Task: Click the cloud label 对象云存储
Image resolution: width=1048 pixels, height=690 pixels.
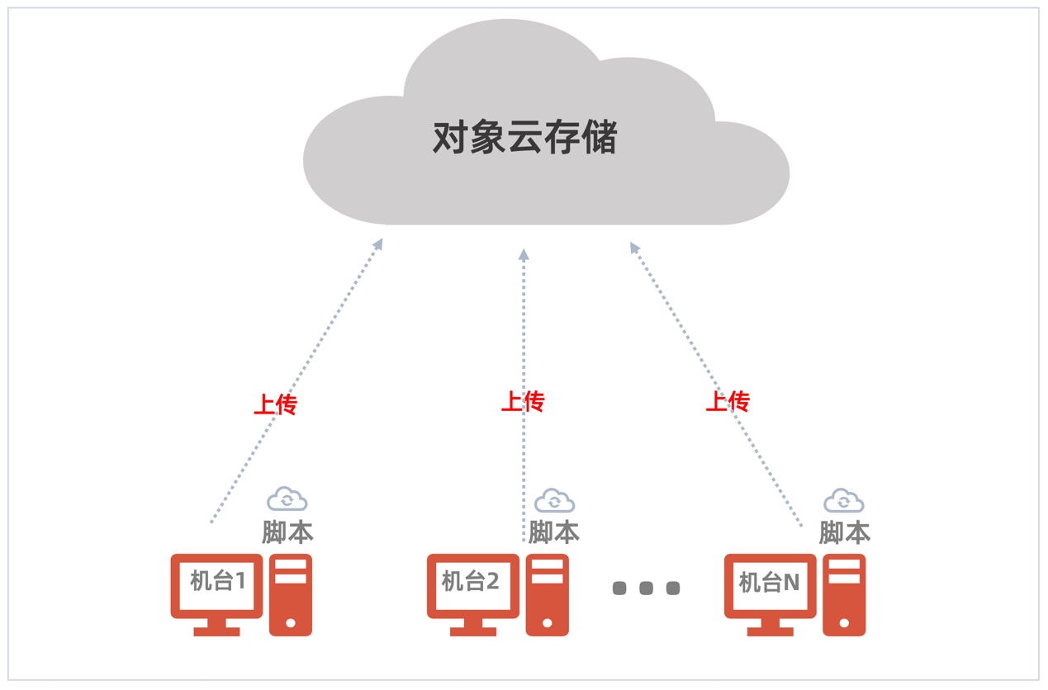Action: (524, 138)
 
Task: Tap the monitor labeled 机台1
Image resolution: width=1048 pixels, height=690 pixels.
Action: (217, 584)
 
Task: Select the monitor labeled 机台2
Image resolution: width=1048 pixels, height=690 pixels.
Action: (472, 584)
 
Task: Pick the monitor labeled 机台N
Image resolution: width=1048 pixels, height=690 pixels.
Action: (770, 584)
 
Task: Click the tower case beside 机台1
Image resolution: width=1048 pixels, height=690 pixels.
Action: (291, 595)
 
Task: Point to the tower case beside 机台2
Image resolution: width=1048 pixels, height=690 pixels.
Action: (547, 595)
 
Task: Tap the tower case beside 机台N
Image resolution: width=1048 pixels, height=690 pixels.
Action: (844, 595)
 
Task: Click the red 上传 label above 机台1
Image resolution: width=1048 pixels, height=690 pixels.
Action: (275, 404)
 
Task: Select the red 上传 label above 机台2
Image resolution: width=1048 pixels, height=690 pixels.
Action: (523, 402)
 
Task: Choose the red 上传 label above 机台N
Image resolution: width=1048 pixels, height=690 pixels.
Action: (728, 402)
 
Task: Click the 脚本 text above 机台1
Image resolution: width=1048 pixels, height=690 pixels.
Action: (287, 532)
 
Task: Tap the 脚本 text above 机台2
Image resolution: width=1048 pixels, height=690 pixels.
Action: (553, 532)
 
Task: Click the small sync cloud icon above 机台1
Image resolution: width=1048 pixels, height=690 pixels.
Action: (287, 499)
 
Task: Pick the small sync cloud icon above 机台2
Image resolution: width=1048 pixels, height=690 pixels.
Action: (554, 500)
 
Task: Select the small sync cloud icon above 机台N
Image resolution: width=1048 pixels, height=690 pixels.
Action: (844, 500)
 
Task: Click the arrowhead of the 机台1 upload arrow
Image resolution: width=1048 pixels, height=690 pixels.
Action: (379, 243)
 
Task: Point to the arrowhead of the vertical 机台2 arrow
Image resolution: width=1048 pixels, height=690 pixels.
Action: (524, 255)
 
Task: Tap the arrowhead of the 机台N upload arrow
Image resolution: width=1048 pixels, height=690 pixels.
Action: (634, 247)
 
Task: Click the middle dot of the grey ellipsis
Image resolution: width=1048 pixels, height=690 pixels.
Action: (647, 588)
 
